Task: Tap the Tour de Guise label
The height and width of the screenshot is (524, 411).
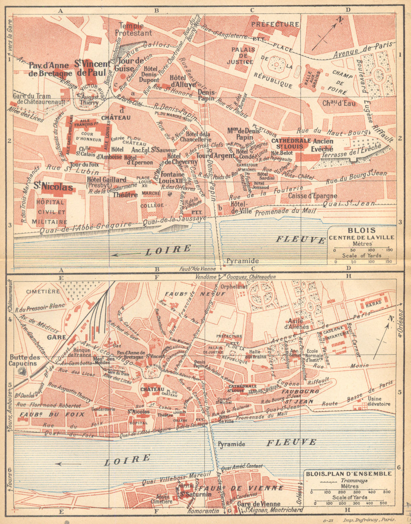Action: click(131, 65)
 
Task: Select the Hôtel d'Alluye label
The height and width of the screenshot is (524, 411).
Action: click(178, 81)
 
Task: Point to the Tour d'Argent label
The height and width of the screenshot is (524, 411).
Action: click(209, 156)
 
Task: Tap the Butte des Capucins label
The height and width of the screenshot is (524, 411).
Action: click(25, 360)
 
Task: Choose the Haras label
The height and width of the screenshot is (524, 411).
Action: click(374, 302)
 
